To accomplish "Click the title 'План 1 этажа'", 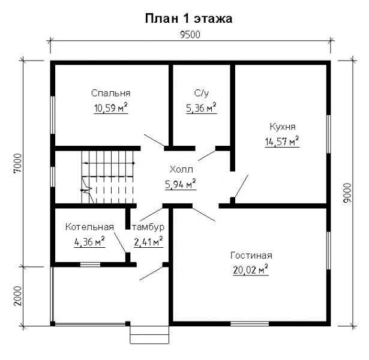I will coord(188,18).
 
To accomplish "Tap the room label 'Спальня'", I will coord(111,94).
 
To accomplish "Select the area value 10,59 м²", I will coord(111,108).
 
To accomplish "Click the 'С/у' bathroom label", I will coord(201,94).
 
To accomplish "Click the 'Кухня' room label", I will coord(282,127).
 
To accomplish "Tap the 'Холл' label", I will coord(181,170).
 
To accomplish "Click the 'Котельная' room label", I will coord(89,227).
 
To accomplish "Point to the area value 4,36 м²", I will coord(89,242).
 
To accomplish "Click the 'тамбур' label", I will coord(148,227).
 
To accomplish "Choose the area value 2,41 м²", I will coord(149,242).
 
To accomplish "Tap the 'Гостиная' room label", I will coord(251,255).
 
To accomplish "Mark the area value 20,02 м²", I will coord(251,269).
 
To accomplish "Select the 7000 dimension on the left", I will coord(17,163).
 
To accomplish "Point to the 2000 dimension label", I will coord(17,295).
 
